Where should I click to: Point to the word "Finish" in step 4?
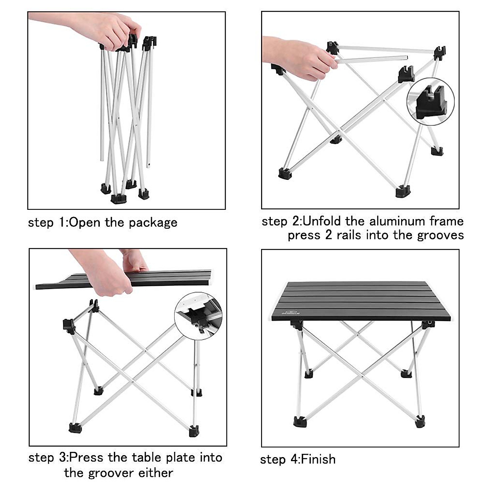click(x=318, y=459)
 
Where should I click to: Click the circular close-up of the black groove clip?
click(x=430, y=100)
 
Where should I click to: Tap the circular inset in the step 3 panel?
click(x=198, y=316)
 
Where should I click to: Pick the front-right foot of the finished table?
click(x=420, y=422)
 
